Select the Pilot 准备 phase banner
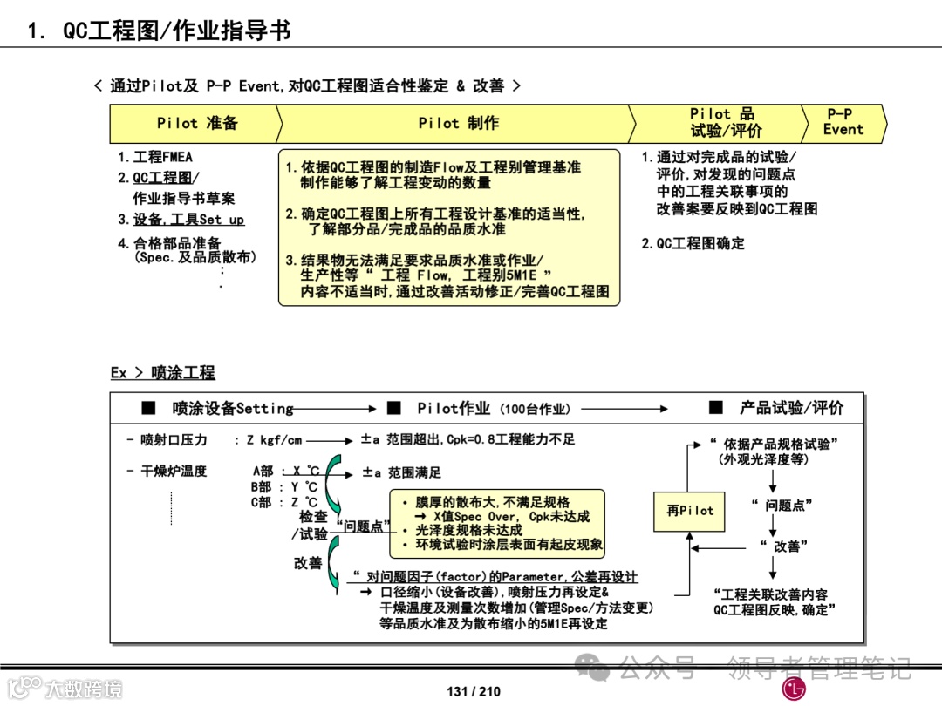(196, 123)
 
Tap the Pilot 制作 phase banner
(458, 123)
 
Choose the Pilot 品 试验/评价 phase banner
(724, 123)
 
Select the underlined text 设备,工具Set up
(188, 220)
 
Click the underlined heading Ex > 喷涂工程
(162, 373)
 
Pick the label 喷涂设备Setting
(232, 408)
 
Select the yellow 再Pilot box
(689, 511)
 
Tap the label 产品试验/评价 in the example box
(791, 408)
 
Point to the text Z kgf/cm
(275, 440)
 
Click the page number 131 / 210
(474, 692)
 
